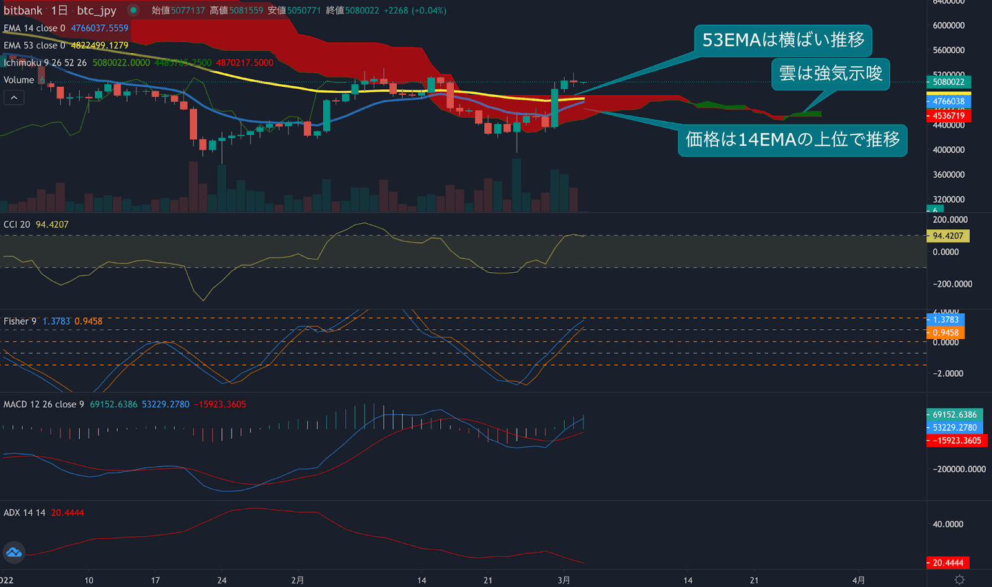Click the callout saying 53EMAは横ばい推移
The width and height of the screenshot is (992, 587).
pyautogui.click(x=783, y=40)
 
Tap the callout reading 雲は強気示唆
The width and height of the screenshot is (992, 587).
pyautogui.click(x=830, y=74)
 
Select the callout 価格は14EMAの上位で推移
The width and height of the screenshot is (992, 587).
pyautogui.click(x=792, y=140)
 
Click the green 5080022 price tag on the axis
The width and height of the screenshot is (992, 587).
pyautogui.click(x=949, y=82)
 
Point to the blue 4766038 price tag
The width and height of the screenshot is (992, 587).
pyautogui.click(x=949, y=102)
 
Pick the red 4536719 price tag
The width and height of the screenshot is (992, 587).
pyautogui.click(x=949, y=116)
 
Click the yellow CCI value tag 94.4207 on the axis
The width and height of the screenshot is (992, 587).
pyautogui.click(x=948, y=236)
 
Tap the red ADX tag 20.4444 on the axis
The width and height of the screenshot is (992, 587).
pyautogui.click(x=948, y=563)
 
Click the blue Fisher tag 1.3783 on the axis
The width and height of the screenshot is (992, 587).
pyautogui.click(x=945, y=320)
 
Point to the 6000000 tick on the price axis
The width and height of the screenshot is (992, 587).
pyautogui.click(x=949, y=25)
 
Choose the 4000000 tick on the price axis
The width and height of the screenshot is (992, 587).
pyautogui.click(x=949, y=150)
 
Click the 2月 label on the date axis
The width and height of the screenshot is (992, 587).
pyautogui.click(x=298, y=580)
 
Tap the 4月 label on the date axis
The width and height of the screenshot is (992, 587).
pyautogui.click(x=859, y=580)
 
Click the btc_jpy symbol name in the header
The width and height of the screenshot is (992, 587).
pyautogui.click(x=96, y=11)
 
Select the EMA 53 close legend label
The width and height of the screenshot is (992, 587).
pyautogui.click(x=34, y=45)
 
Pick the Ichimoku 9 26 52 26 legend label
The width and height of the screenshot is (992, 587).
pyautogui.click(x=45, y=63)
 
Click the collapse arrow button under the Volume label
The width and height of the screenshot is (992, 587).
pyautogui.click(x=14, y=98)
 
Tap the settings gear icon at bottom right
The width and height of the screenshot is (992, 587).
pyautogui.click(x=960, y=580)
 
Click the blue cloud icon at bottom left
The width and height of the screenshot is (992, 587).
pyautogui.click(x=14, y=552)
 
